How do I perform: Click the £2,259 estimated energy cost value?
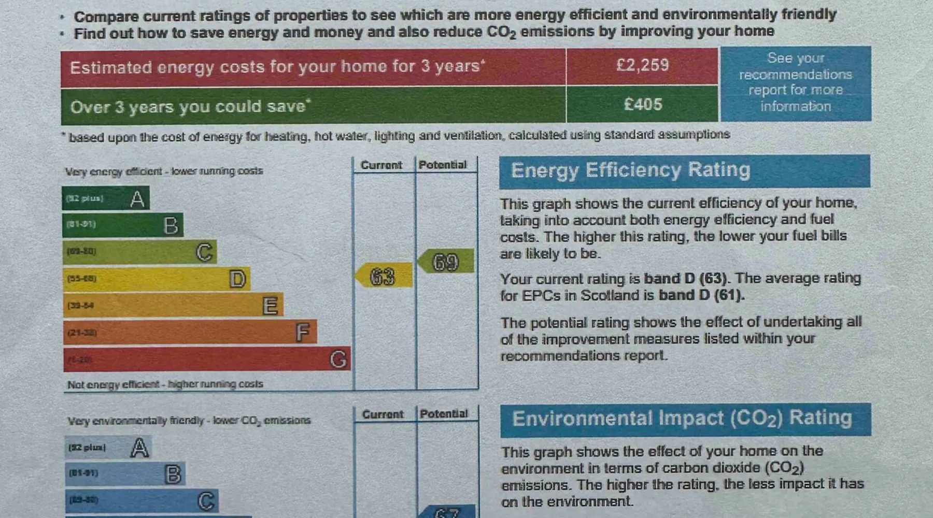click(642, 65)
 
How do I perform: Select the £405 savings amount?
click(643, 105)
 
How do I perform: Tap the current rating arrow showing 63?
click(384, 276)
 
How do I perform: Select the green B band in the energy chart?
click(122, 225)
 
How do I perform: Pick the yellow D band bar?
click(155, 279)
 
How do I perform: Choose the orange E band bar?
click(173, 306)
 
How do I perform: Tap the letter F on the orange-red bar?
click(303, 333)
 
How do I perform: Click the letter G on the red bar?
click(338, 359)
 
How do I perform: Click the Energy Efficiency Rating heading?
click(631, 170)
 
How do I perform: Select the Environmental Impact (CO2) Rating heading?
click(682, 419)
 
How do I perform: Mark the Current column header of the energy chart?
click(381, 165)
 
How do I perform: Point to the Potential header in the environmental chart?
click(444, 414)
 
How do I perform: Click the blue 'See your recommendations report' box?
click(795, 83)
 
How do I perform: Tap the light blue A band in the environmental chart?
click(108, 448)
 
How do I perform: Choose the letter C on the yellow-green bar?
click(204, 252)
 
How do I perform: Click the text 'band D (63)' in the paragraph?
click(685, 279)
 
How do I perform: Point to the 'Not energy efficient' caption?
click(165, 384)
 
